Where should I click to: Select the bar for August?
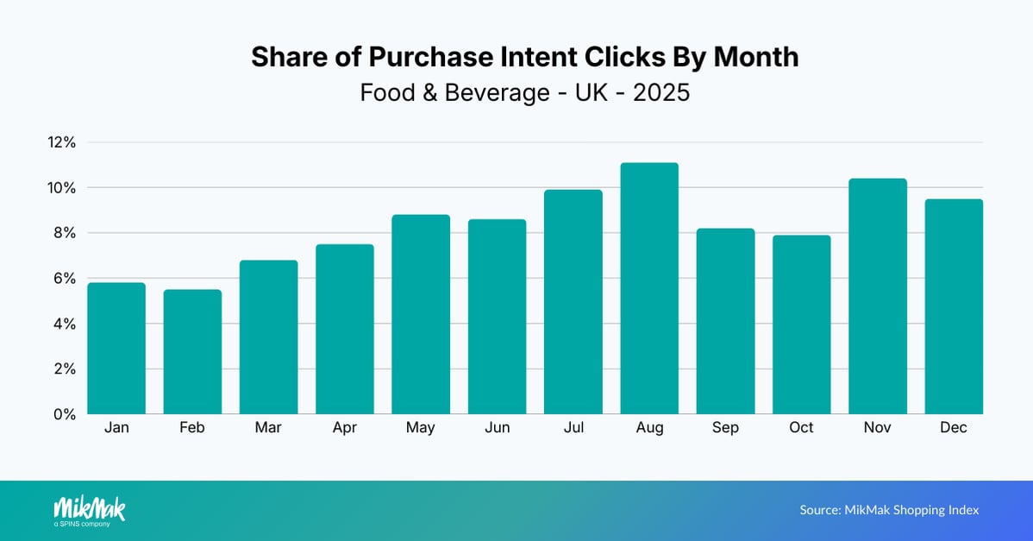tap(649, 288)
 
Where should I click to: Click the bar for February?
tap(192, 351)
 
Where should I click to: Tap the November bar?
tap(878, 296)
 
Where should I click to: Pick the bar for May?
tap(421, 314)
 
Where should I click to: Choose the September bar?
tap(725, 321)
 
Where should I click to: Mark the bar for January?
tap(116, 348)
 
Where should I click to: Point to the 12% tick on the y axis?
tap(62, 142)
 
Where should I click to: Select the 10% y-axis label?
tap(62, 188)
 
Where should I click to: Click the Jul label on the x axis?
tap(573, 428)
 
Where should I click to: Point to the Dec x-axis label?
tap(954, 428)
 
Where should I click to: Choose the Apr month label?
tap(345, 428)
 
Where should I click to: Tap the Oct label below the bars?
tap(801, 428)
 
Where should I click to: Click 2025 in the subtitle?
tap(661, 92)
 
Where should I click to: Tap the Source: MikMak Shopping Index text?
tap(889, 510)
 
